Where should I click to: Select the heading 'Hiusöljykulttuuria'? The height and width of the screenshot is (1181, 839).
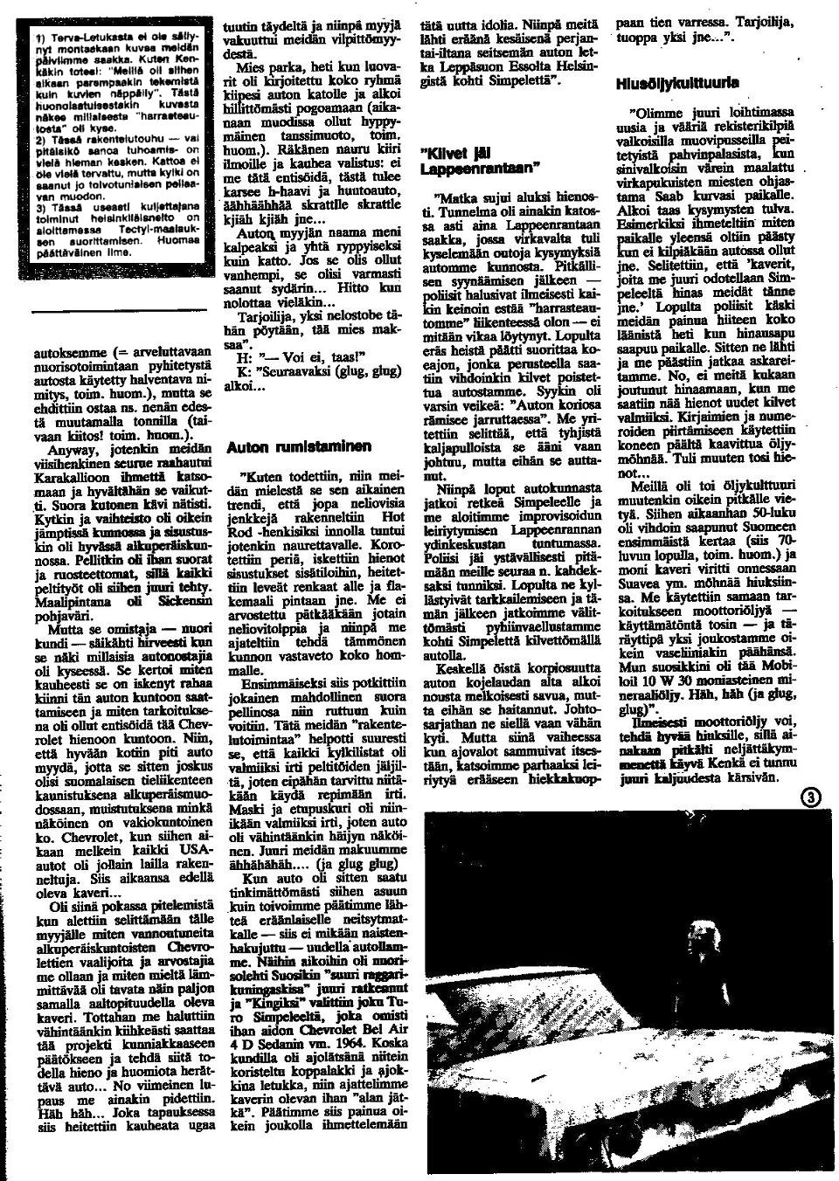(677, 84)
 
